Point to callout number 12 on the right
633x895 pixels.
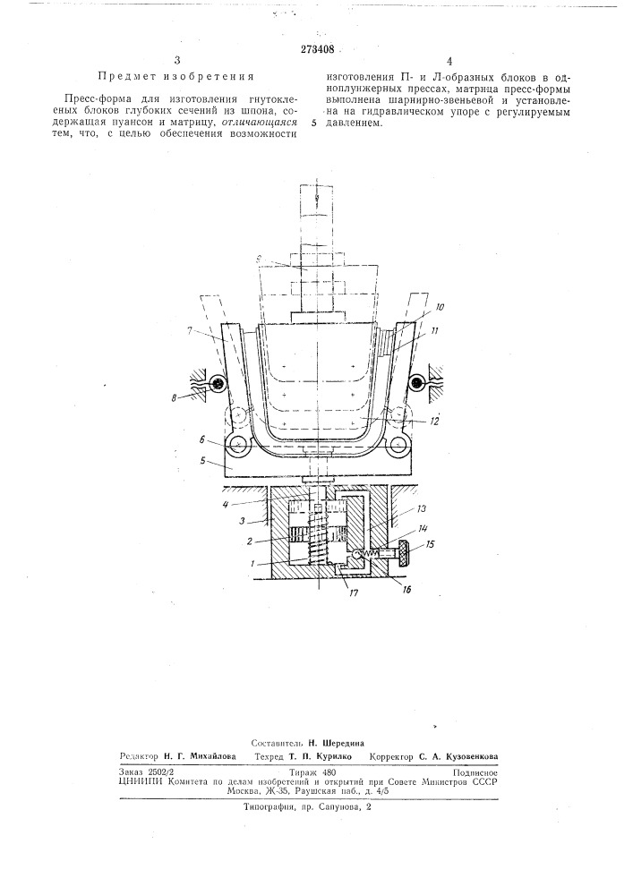coord(435,422)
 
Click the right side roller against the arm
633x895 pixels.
coord(416,384)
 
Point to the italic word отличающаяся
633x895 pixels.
coord(259,122)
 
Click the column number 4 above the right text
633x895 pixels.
coord(449,62)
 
